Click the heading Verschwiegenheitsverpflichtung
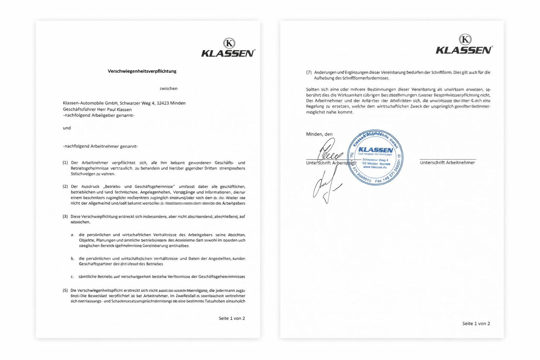(x=142, y=71)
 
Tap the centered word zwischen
(x=168, y=89)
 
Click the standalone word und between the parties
(x=67, y=128)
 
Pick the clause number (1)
(x=65, y=163)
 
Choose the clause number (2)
(x=65, y=186)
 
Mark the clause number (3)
(x=65, y=217)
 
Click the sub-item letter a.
(x=72, y=235)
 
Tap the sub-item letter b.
(x=72, y=258)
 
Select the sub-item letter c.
(x=72, y=277)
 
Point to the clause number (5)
(x=65, y=290)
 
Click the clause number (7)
(x=309, y=72)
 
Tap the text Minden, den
(x=319, y=134)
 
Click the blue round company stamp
(x=375, y=157)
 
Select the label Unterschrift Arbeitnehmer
(x=447, y=163)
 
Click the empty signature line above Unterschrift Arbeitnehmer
(x=447, y=159)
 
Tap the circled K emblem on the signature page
(x=465, y=39)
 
